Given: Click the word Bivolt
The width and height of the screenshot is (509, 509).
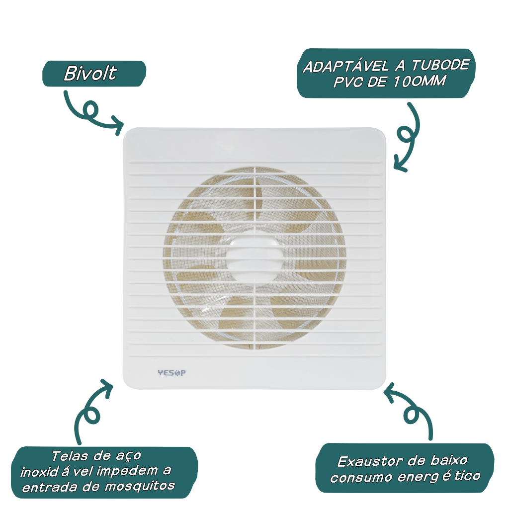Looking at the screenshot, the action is click(90, 74).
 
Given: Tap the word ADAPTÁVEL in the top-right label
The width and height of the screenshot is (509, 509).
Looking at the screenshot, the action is click(345, 67).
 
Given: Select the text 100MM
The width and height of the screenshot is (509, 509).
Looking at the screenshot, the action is click(419, 81).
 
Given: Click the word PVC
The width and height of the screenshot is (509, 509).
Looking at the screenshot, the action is click(347, 82).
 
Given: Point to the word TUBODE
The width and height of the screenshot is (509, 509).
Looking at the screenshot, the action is click(440, 65).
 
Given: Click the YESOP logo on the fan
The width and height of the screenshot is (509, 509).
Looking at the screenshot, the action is click(171, 373).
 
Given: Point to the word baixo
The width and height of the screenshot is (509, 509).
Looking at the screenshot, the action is click(449, 460).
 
